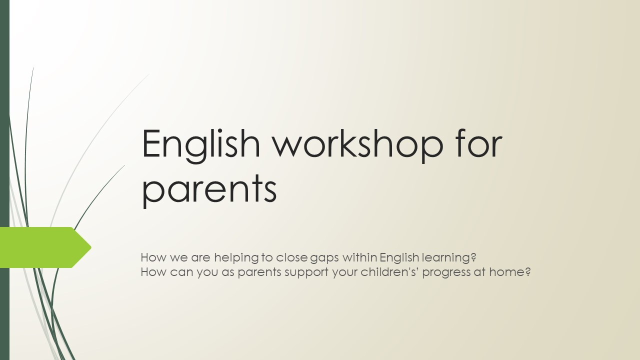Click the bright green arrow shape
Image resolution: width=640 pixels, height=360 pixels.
[45, 247]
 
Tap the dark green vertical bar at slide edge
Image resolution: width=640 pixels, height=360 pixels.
[4, 180]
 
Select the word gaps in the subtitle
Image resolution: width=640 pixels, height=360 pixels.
[324, 259]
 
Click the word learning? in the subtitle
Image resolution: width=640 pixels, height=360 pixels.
[449, 258]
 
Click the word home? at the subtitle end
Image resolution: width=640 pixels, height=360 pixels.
[510, 271]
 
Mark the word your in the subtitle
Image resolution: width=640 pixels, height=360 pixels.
[345, 273]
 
